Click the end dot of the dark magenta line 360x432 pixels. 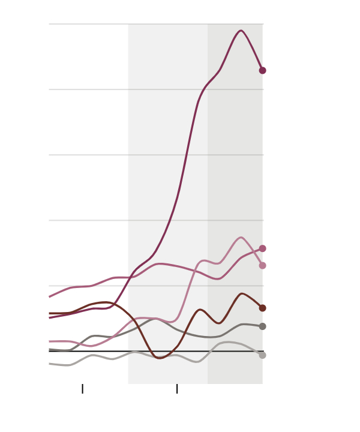tap(262, 70)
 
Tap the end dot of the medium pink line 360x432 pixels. tap(262, 248)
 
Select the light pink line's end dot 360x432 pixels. tap(262, 265)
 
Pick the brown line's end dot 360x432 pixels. tap(262, 308)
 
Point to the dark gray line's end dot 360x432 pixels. tap(262, 326)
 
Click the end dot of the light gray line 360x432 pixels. tap(262, 355)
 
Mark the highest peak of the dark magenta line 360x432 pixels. tap(241, 31)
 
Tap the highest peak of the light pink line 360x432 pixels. tap(241, 238)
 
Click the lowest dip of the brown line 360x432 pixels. tap(160, 358)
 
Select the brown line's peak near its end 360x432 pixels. tap(241, 294)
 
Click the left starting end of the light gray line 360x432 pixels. tap(49, 364)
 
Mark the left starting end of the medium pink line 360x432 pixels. tap(49, 296)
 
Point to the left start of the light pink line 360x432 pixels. tap(49, 341)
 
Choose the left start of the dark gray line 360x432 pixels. tap(49, 349)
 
